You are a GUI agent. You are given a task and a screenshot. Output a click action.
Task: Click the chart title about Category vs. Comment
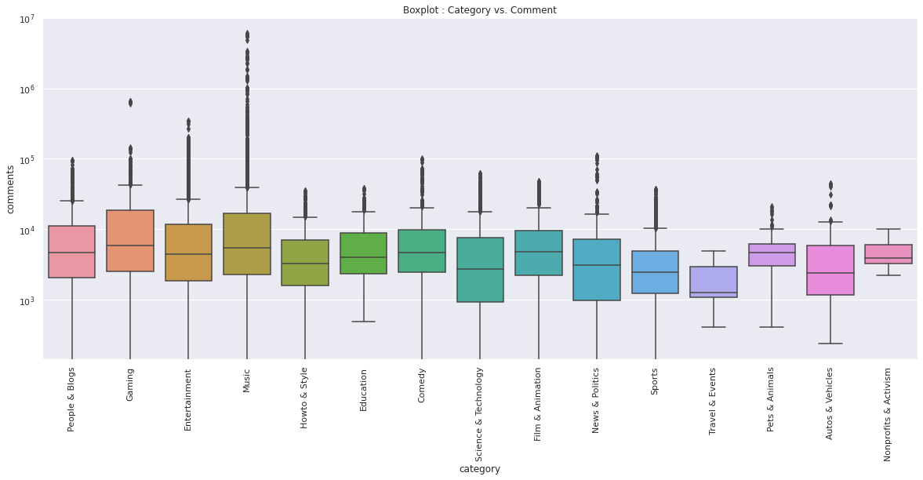coord(479,10)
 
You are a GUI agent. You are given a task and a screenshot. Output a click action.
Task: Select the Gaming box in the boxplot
coord(130,241)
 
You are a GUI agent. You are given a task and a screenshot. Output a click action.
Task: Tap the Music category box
coord(247,244)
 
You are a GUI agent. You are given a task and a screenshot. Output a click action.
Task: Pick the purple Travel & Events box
coord(714,282)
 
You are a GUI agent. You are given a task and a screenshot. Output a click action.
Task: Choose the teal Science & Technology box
coord(480,270)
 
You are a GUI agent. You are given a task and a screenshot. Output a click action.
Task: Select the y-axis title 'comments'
coord(11,189)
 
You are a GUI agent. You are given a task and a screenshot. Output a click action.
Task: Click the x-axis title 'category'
coord(479,469)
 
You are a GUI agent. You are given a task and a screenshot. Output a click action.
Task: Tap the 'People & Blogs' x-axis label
coord(72,399)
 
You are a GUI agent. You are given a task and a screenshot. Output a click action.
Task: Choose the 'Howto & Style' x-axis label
coord(305,398)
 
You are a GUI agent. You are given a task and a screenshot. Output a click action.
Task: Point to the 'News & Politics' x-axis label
coord(597,400)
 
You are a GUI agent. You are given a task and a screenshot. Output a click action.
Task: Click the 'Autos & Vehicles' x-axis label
coord(830,403)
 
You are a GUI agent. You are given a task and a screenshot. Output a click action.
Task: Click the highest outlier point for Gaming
coord(130,102)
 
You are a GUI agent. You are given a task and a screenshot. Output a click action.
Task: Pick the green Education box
coord(363,253)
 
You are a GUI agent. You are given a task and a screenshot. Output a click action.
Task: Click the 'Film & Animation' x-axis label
coord(539,404)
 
